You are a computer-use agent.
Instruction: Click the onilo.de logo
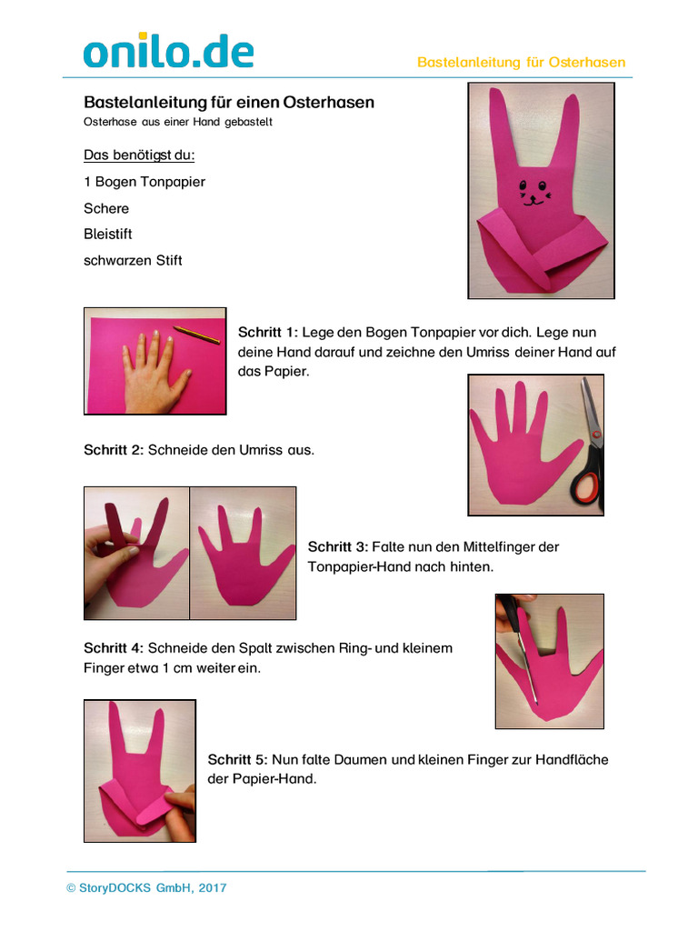pos(168,51)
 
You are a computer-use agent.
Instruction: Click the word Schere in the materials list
pos(106,208)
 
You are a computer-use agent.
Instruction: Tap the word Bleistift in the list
pos(108,234)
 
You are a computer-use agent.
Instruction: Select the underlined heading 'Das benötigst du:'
pos(139,155)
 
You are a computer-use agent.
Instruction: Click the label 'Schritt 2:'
pos(114,450)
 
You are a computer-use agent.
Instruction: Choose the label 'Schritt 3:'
pos(338,546)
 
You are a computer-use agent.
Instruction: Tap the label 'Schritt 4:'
pos(114,647)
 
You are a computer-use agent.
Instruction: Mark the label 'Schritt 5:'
pos(237,759)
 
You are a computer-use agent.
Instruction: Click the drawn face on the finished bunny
pos(534,193)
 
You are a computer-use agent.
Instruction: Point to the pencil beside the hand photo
pos(196,334)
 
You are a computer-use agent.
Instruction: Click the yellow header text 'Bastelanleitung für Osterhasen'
pos(521,63)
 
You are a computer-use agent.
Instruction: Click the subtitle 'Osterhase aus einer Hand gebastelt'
pos(178,122)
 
